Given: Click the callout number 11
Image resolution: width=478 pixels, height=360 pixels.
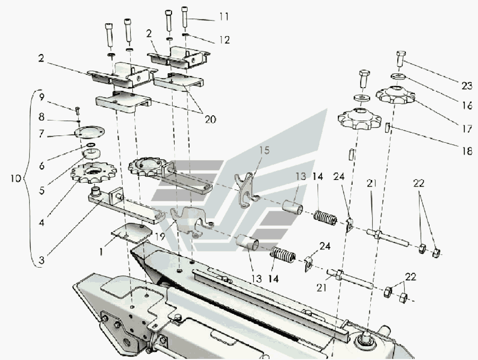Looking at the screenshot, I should tap(224, 17).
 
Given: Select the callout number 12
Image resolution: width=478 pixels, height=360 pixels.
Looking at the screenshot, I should tap(224, 39).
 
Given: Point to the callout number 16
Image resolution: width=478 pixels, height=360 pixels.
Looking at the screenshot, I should tap(467, 105).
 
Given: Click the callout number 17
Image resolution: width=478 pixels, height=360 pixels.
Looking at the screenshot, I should tap(467, 128).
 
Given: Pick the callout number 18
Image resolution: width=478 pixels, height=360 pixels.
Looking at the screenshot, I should tap(467, 151).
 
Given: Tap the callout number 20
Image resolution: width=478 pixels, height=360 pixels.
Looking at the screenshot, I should tap(210, 119).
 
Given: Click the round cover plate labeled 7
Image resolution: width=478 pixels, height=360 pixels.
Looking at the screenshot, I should tap(88, 132).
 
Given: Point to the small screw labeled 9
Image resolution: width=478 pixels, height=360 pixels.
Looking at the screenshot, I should tap(78, 110).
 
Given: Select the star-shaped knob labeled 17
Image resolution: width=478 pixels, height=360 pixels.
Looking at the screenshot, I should tap(396, 96).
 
